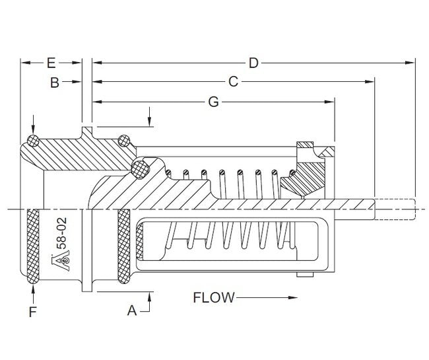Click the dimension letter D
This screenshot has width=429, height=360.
point(253,63)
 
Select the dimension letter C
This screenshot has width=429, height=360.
point(233,82)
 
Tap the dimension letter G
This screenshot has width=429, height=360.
point(213,102)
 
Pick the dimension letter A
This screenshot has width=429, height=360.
point(132,310)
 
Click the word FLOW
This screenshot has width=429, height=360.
point(213,297)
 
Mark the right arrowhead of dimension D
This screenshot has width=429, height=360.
point(411,63)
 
